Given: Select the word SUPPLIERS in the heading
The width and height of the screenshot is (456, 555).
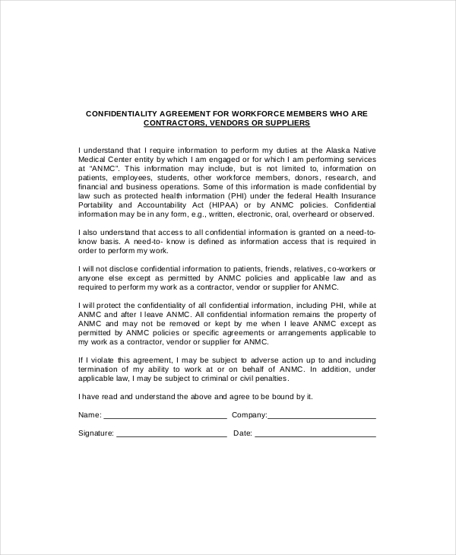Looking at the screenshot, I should (290, 122).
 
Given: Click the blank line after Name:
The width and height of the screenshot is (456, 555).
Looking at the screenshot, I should (164, 417).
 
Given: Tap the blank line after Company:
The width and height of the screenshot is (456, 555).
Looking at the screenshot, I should (321, 417).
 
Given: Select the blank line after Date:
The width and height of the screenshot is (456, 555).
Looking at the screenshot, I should (315, 436).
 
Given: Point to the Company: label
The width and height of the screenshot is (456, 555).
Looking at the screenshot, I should (249, 415).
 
